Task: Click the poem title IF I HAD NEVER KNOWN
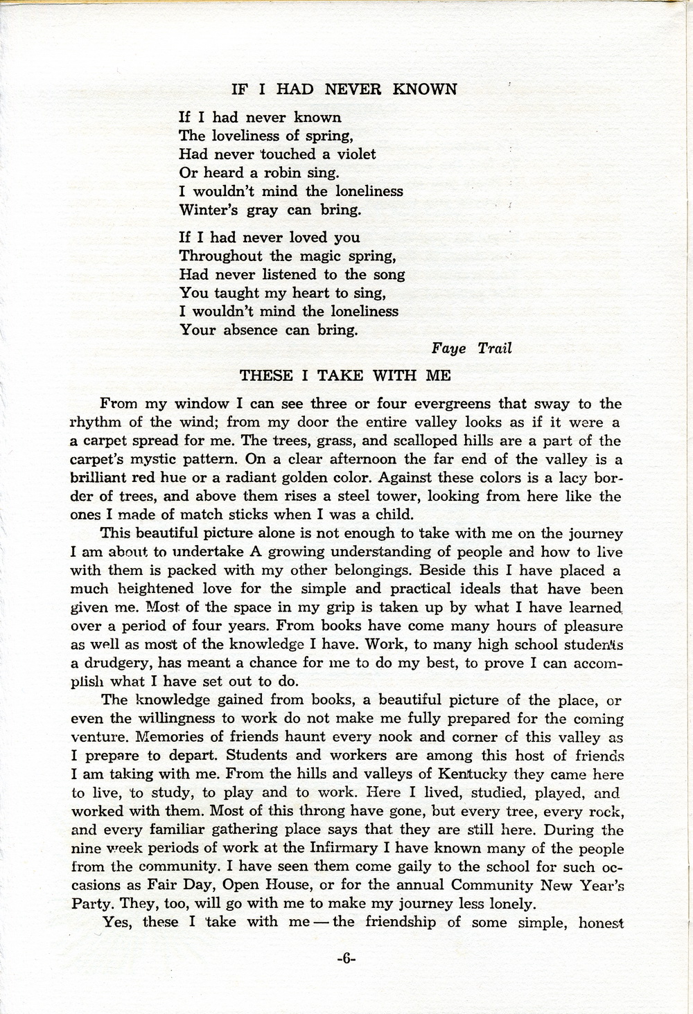click(x=344, y=89)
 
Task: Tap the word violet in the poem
click(x=351, y=154)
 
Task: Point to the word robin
click(x=281, y=172)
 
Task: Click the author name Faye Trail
click(x=471, y=348)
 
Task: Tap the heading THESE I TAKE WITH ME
click(x=345, y=376)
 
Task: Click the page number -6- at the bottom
click(x=345, y=959)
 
